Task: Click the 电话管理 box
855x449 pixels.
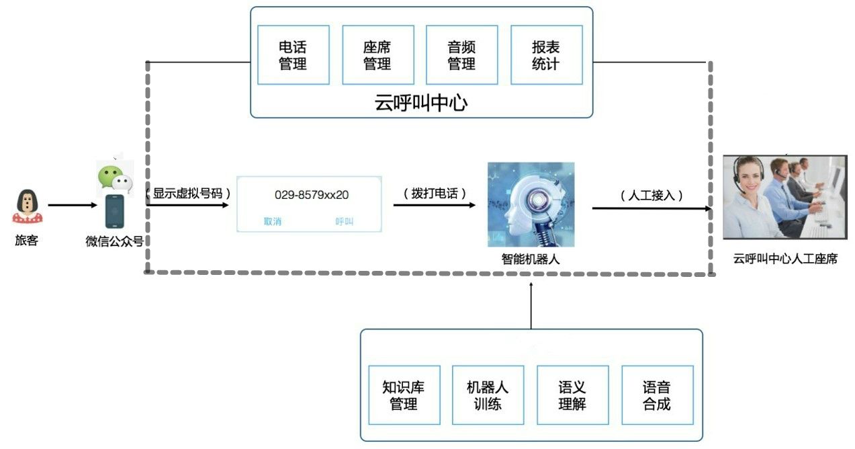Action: [x=293, y=55]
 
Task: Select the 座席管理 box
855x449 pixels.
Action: [x=377, y=55]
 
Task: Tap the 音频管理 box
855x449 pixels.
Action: [x=461, y=55]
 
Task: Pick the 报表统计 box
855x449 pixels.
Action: [x=546, y=55]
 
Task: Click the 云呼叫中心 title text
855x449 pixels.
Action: [x=421, y=103]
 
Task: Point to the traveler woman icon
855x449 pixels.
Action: [x=27, y=206]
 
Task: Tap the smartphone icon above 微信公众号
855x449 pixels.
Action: [x=114, y=211]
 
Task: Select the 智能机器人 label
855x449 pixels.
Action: [x=531, y=259]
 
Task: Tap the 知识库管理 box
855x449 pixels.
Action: [x=404, y=395]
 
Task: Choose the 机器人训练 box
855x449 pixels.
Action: [x=488, y=395]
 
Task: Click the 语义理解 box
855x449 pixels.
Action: [x=572, y=395]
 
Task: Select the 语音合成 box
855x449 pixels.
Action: [x=657, y=395]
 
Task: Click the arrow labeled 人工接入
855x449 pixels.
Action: [x=651, y=208]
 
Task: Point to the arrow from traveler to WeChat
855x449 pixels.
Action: [x=71, y=206]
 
